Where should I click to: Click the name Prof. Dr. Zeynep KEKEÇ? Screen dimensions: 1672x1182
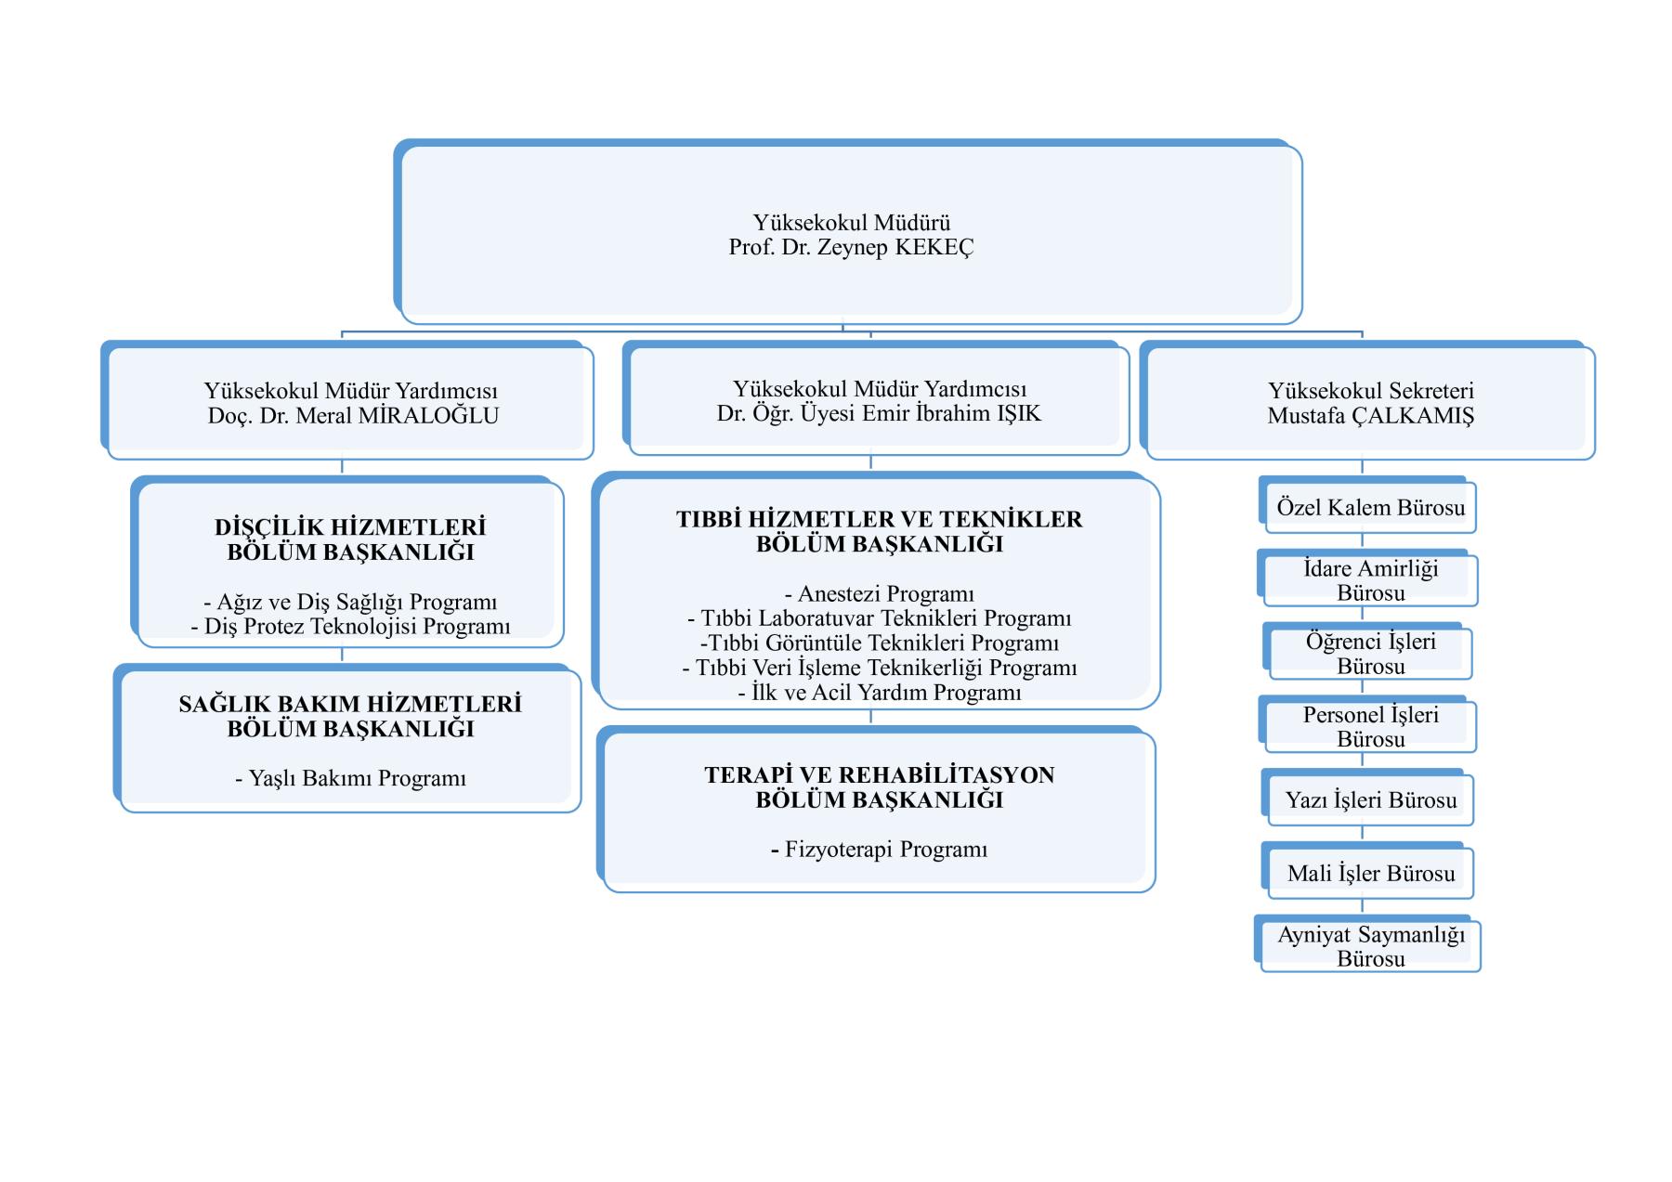(851, 248)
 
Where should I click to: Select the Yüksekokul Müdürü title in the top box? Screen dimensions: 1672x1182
(852, 223)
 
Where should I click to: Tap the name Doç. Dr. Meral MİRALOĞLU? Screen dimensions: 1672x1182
(353, 415)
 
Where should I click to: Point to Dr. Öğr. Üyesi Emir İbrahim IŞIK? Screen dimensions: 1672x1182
(879, 413)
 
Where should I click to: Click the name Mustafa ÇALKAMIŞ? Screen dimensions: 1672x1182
(1370, 415)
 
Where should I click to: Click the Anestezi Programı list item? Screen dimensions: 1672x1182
(879, 594)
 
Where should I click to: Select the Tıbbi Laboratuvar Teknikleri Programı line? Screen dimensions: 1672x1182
(879, 618)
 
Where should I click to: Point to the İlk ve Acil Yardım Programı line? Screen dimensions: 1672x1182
(879, 693)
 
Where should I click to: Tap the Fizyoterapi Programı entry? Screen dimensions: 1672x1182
(879, 850)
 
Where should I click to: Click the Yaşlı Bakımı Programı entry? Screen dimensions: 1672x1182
(350, 778)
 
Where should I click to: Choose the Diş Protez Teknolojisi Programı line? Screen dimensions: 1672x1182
(350, 627)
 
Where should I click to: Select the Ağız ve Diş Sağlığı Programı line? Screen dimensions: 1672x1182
(350, 602)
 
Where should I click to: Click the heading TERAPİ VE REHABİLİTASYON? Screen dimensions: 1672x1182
(879, 775)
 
